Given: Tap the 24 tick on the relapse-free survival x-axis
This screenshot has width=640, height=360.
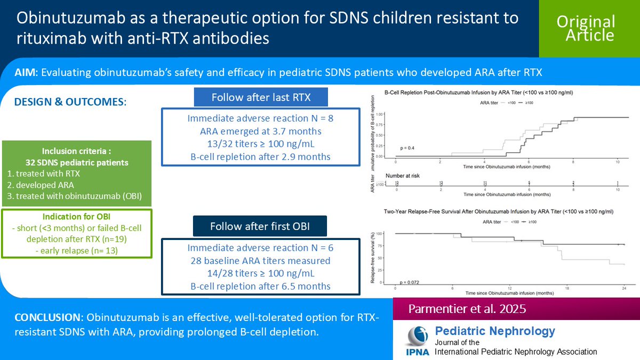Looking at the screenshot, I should [624, 288].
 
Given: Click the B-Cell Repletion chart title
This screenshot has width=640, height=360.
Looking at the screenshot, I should [483, 92].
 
